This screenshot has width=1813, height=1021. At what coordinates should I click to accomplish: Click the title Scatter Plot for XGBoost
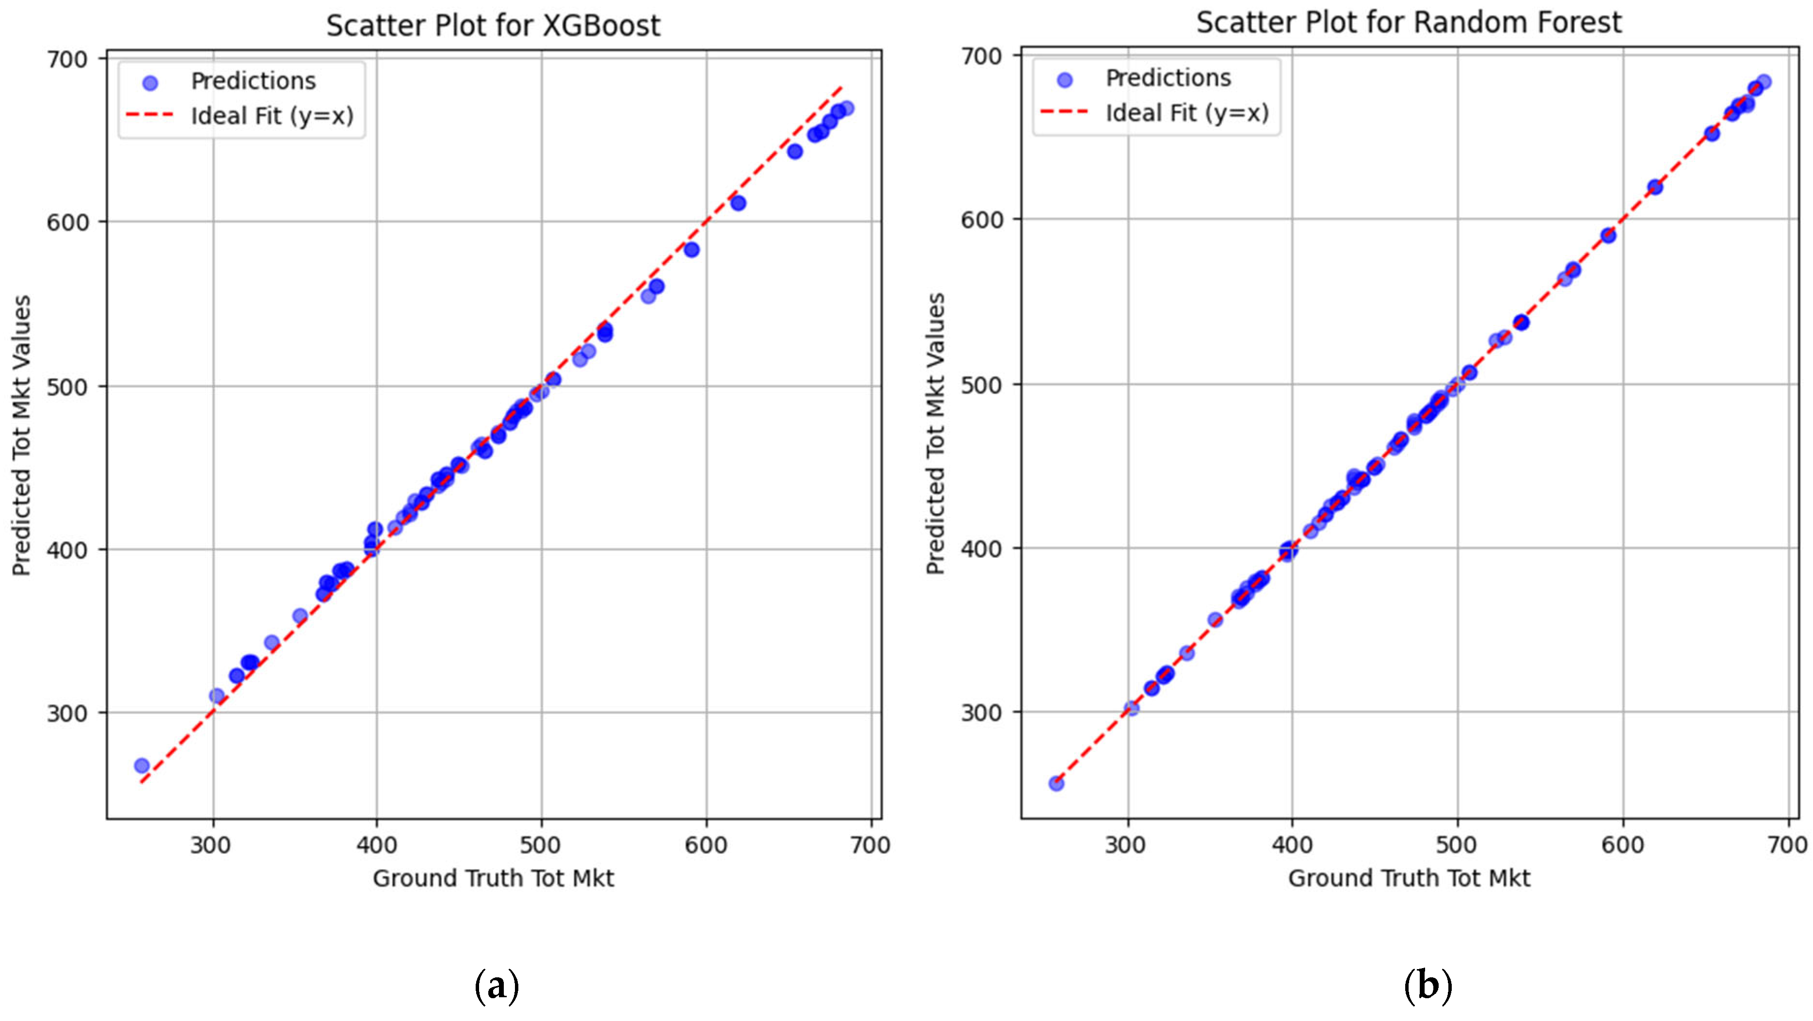(x=493, y=26)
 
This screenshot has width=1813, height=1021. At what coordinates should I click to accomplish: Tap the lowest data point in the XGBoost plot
(x=142, y=765)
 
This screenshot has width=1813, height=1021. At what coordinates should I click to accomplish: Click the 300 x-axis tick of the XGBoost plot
(x=211, y=844)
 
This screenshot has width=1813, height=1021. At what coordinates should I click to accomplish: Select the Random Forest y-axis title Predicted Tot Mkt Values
(x=935, y=434)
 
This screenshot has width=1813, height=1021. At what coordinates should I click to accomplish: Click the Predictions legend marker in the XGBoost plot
(x=150, y=83)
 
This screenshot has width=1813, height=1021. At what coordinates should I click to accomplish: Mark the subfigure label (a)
(x=497, y=986)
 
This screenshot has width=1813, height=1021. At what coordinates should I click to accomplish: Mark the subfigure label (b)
(x=1428, y=986)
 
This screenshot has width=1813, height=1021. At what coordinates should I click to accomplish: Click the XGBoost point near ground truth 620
(x=738, y=203)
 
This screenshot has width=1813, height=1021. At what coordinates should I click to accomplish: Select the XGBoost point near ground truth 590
(x=691, y=249)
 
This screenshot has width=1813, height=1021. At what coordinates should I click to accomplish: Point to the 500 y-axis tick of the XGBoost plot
(x=69, y=387)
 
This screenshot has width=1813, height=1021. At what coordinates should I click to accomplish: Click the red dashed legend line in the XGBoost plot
(x=149, y=115)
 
